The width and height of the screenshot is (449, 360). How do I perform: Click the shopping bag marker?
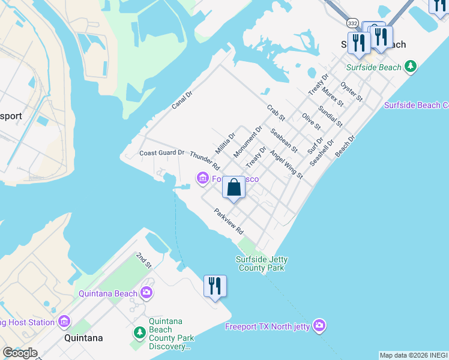[234, 187]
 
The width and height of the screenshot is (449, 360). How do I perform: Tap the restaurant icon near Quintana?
[215, 286]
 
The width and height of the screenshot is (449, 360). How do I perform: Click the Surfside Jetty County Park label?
[261, 263]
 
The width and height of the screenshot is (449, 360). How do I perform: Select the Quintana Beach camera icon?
[146, 293]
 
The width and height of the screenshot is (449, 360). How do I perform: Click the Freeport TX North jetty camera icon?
[319, 325]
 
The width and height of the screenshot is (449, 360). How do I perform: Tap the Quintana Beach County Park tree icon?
[139, 332]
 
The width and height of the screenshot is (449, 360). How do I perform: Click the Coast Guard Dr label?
[161, 153]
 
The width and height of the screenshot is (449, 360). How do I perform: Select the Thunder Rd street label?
[205, 161]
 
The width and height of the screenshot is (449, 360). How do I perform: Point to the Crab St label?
[276, 112]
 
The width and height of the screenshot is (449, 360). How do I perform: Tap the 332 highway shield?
[352, 23]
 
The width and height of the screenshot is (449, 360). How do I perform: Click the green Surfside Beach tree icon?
[411, 67]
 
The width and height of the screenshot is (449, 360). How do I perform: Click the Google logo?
[20, 353]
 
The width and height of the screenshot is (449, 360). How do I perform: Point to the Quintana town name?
[83, 338]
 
